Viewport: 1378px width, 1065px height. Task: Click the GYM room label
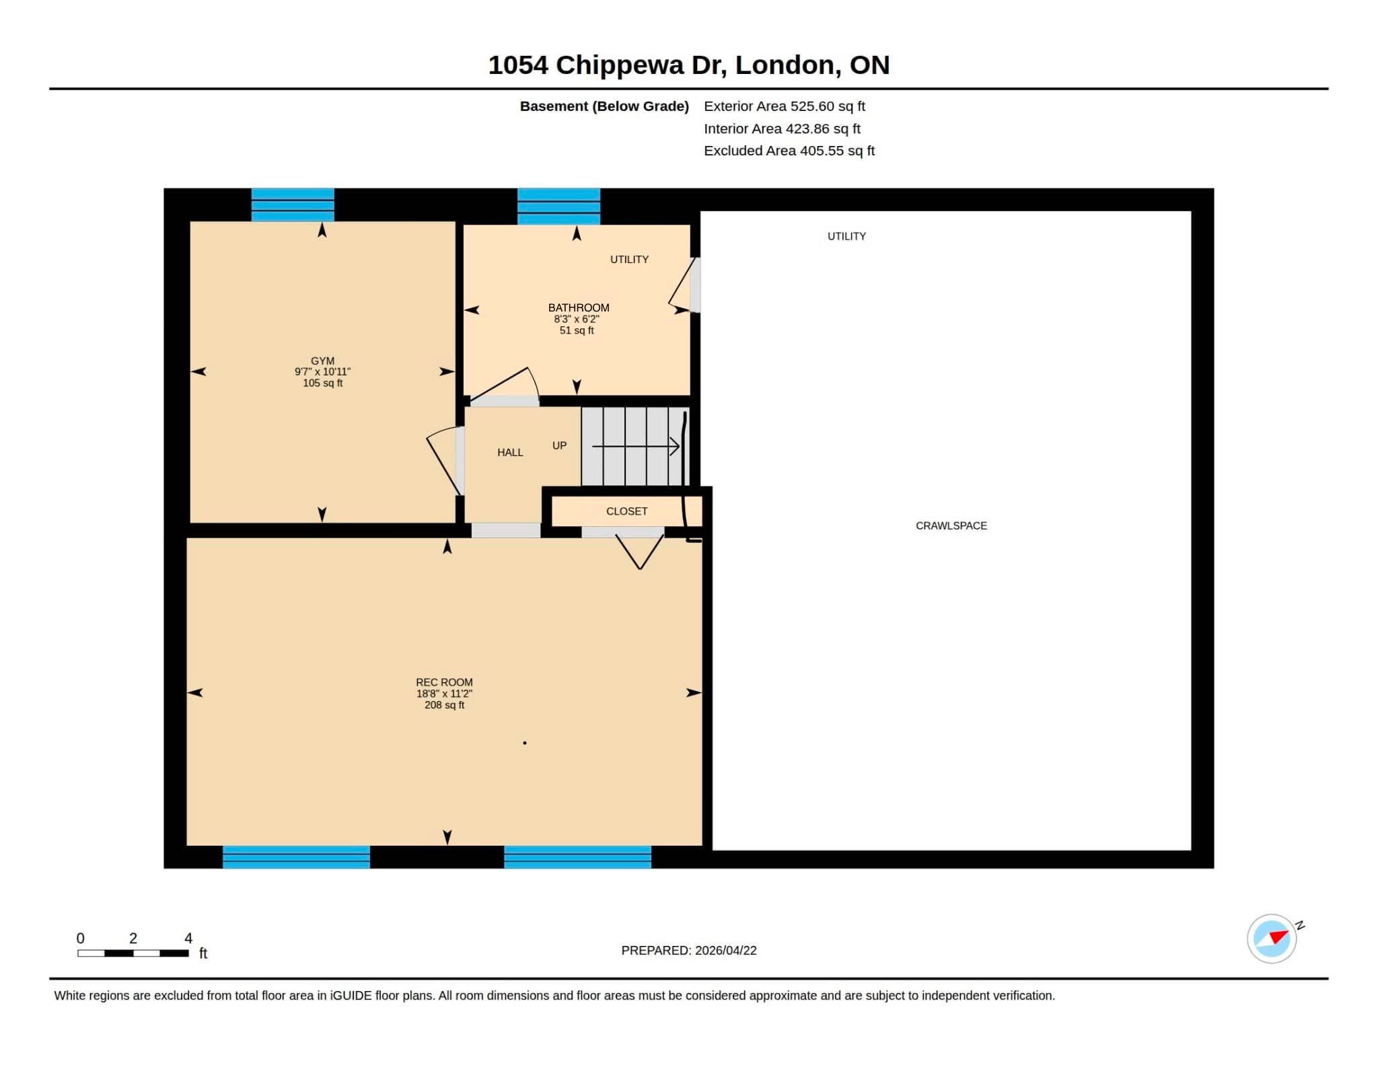click(322, 361)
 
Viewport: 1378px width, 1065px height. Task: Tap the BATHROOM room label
click(579, 307)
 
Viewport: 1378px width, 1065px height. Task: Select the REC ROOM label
click(444, 682)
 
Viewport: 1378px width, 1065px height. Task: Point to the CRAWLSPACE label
click(951, 525)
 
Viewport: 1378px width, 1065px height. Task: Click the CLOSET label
click(627, 511)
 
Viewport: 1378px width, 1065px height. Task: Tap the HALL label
click(510, 453)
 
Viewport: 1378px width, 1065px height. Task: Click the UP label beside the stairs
click(559, 445)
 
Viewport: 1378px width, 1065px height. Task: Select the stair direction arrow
click(636, 446)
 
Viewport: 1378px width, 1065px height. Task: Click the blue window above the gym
click(293, 205)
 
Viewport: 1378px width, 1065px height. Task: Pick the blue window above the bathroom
click(558, 207)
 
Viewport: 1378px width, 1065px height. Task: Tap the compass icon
click(1272, 939)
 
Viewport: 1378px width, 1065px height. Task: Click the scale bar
click(133, 953)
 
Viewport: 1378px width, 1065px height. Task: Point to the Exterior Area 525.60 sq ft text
click(785, 106)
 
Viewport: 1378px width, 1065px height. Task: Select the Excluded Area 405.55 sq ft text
click(789, 151)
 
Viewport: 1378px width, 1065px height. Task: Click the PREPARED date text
click(689, 951)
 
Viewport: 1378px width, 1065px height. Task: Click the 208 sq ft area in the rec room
click(444, 705)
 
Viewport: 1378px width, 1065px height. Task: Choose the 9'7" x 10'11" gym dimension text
click(322, 371)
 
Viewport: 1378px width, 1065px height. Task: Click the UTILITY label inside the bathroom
click(629, 260)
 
